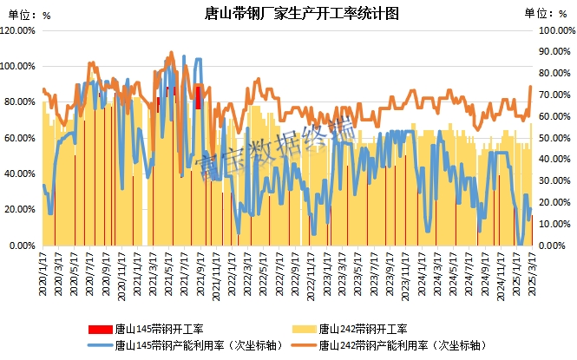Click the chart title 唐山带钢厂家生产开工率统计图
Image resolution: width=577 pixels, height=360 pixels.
[288, 13]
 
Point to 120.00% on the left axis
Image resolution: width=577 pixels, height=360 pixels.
[18, 29]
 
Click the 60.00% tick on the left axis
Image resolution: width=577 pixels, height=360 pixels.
[20, 138]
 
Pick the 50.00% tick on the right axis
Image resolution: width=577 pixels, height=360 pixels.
[554, 138]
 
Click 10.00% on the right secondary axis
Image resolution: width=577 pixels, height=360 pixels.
[554, 225]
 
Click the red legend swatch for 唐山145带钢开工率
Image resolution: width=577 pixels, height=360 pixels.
[100, 329]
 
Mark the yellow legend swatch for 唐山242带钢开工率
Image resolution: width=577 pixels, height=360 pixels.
[303, 329]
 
